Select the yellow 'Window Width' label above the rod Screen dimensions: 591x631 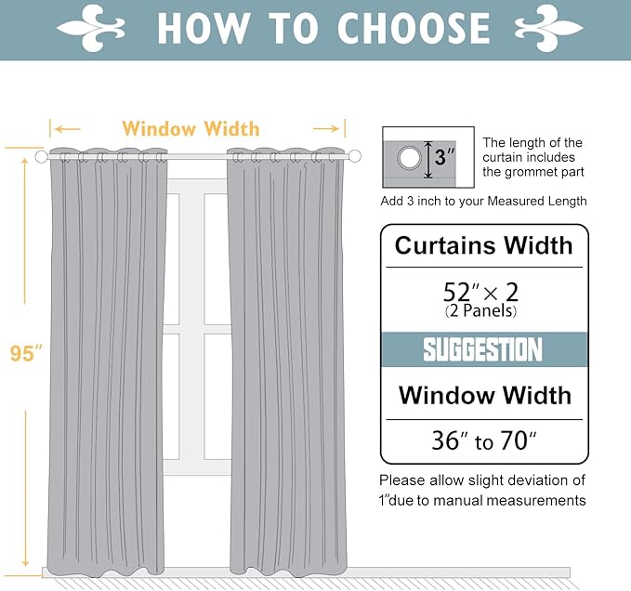191,129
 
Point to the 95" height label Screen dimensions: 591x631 27,353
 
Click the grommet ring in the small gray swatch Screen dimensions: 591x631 409,158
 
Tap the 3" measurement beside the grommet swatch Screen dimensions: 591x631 445,157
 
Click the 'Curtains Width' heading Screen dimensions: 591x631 483,245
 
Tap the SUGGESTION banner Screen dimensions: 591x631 483,350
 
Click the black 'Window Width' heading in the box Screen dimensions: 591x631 484,395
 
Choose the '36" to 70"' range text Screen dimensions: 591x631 483,440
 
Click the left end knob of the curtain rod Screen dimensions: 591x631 41,157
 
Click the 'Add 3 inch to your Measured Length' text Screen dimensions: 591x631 483,201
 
